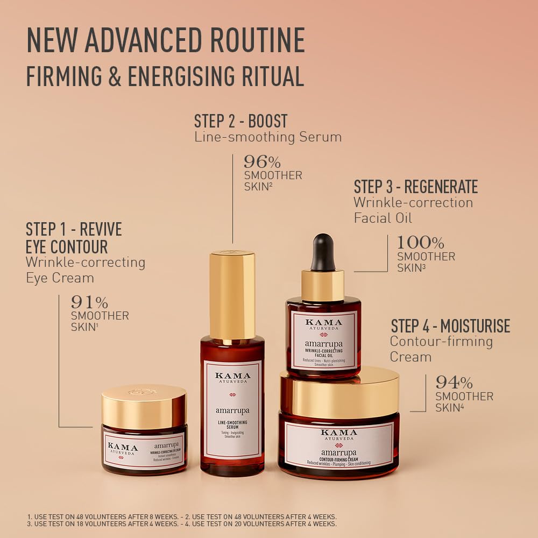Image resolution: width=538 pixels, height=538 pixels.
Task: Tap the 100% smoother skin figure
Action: point(420,243)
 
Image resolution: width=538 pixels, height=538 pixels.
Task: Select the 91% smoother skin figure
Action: point(89,302)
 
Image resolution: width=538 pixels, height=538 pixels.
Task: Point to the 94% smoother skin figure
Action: point(454,383)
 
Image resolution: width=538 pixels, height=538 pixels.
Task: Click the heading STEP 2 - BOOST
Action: point(241,121)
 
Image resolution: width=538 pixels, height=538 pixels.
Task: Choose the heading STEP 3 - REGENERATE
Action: point(415,187)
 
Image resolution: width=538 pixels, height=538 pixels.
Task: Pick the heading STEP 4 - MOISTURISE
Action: point(450,326)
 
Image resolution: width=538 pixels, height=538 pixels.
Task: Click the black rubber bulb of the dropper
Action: point(323,251)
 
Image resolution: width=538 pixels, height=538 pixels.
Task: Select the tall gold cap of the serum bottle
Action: point(232,294)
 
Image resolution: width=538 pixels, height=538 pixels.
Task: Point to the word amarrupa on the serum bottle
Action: point(232,411)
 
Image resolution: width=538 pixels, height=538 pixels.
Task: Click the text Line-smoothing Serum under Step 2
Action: point(268,137)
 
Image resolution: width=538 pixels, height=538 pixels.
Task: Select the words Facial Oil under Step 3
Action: point(383,218)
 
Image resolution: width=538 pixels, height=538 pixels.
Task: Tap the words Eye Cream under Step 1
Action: point(60,278)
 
